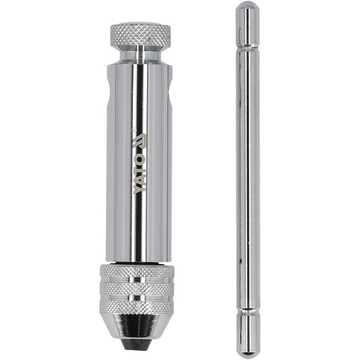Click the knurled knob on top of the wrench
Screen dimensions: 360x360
(x=141, y=34)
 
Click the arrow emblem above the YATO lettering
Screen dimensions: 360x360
(x=140, y=142)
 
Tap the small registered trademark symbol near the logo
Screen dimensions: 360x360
(x=133, y=130)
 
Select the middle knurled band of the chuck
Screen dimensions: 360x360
(x=137, y=289)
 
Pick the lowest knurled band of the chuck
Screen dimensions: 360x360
(x=137, y=307)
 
